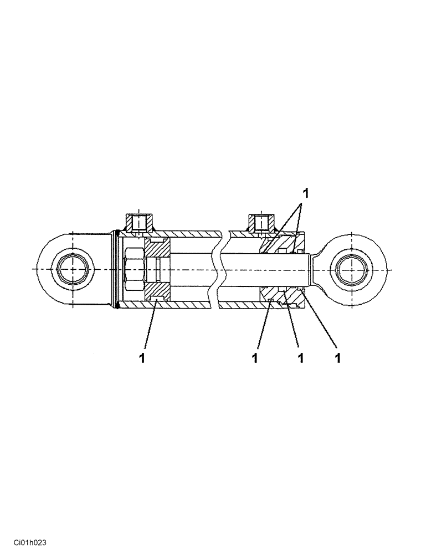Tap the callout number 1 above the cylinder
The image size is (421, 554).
[305, 193]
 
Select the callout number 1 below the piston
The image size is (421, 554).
[142, 358]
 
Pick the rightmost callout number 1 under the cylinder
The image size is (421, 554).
[337, 358]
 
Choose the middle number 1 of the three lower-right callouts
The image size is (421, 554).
[300, 358]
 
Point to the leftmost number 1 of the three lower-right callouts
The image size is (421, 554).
[255, 358]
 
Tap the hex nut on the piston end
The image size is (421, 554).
[134, 269]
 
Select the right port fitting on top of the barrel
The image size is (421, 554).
[260, 223]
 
